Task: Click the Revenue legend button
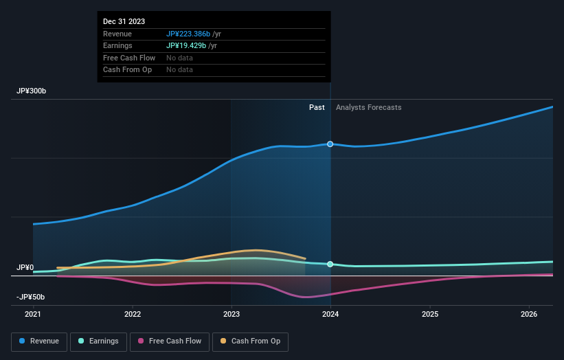39,341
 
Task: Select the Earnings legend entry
98,341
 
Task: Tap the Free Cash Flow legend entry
170,341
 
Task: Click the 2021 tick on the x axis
33,315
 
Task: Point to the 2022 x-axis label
133,315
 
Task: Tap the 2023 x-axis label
232,315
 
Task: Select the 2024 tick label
330,315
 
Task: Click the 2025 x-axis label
430,315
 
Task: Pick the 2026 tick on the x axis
529,315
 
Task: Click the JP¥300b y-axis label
32,91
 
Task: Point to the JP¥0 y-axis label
25,267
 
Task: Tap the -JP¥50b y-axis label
31,297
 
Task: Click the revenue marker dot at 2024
330,144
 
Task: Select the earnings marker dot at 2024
330,265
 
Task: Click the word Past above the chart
317,107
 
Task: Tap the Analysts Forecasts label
368,107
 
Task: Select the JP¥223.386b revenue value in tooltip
188,34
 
